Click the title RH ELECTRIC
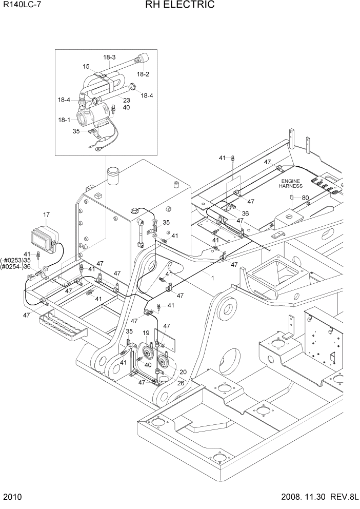(x=179, y=5)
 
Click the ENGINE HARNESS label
(x=291, y=184)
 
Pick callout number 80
(x=305, y=198)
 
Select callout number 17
(x=46, y=215)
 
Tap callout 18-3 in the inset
(x=110, y=57)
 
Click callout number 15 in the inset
(x=86, y=66)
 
